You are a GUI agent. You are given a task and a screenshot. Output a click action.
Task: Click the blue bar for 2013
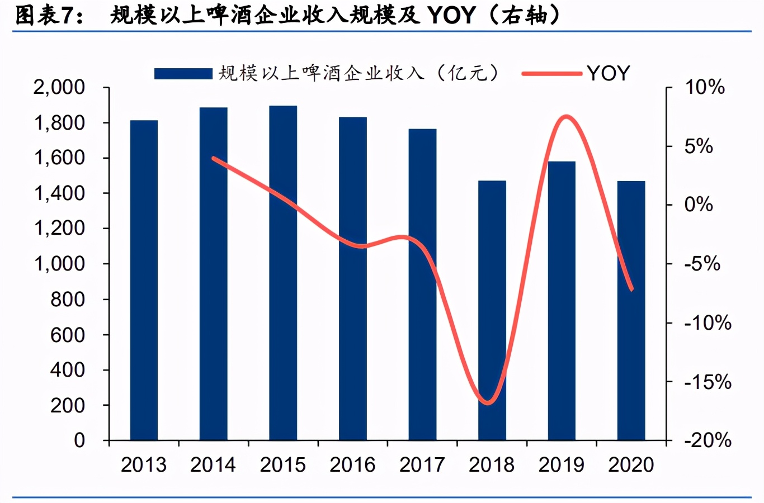point(144,279)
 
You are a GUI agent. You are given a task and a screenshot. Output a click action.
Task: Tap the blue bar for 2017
point(422,284)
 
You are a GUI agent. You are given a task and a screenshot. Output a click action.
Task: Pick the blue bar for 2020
point(631,310)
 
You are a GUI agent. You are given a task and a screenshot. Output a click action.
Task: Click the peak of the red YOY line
point(566,117)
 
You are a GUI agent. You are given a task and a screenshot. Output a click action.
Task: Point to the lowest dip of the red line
point(488,402)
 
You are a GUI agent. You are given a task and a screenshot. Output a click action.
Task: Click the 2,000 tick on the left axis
point(59,87)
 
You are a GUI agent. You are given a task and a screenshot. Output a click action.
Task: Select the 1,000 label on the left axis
point(59,263)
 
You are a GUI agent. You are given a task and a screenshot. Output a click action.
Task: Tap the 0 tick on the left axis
point(79,440)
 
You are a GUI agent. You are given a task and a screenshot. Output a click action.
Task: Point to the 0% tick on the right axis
point(699,205)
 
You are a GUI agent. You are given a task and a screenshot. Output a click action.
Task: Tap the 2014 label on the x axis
point(213,465)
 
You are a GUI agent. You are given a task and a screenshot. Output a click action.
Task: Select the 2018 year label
point(492,465)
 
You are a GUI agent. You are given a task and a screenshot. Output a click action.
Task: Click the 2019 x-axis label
point(561,465)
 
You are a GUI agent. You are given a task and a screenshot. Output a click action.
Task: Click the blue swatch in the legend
point(183,73)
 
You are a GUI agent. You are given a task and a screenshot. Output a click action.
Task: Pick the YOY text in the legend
point(609,73)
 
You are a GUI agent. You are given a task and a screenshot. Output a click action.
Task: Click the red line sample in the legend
point(551,73)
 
